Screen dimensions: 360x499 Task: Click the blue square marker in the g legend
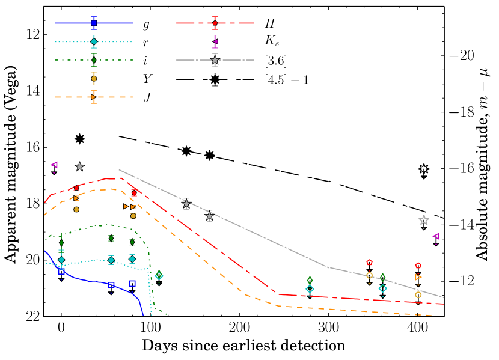tap(94, 23)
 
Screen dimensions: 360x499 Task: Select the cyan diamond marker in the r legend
tap(94, 41)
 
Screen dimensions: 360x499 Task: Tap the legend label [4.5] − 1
tap(287, 79)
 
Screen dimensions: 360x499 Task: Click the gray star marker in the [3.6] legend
tap(215, 61)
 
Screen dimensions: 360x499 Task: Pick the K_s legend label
tap(272, 42)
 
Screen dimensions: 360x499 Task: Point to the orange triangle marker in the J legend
tap(94, 97)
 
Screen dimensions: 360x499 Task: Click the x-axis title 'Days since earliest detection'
tap(243, 346)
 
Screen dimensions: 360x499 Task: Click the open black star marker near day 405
tap(424, 169)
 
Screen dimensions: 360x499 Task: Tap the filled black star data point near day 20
tap(79, 139)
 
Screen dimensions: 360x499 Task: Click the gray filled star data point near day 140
tap(186, 204)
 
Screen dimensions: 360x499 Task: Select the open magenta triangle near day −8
tap(54, 165)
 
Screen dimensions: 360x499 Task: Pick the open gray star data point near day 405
tap(424, 220)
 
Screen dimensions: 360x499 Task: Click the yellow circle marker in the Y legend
tap(94, 78)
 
